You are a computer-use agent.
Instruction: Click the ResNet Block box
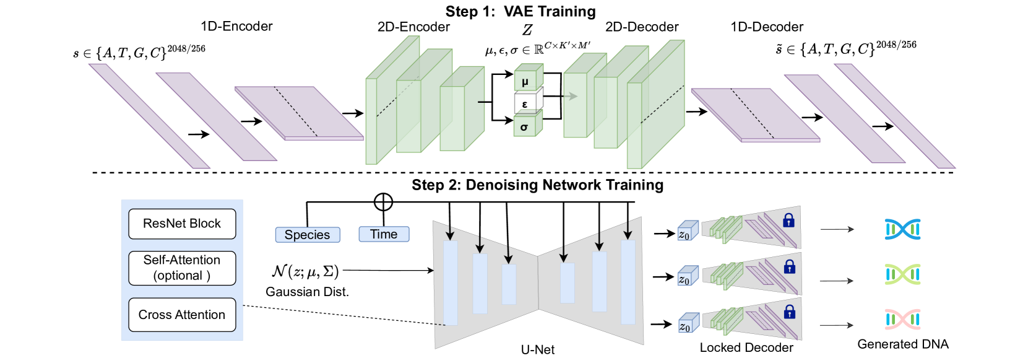182,224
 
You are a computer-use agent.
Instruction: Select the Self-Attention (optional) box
182,268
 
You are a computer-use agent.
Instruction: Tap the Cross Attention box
182,315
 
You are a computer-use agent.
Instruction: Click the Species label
308,235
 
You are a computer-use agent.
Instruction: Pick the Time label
384,234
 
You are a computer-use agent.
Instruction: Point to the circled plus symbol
383,202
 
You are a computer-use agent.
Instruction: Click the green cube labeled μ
527,79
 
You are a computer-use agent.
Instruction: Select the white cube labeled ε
527,103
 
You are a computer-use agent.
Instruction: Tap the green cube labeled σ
527,126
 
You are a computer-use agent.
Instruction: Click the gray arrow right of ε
571,96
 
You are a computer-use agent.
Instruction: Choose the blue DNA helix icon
902,229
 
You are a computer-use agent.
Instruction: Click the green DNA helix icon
902,274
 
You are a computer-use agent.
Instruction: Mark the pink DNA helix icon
902,319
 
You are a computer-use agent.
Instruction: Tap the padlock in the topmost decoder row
788,221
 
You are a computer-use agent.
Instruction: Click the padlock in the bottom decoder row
789,312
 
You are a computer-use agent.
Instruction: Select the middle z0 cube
687,277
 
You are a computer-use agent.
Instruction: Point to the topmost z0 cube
687,232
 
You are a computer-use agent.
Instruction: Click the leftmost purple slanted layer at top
149,116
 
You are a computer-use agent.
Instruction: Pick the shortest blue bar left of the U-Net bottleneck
509,284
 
